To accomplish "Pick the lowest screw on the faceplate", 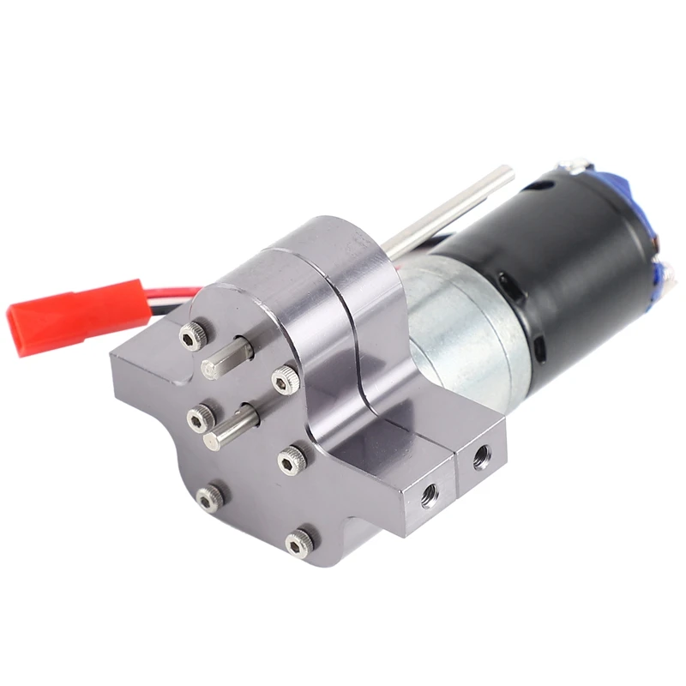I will pos(299,541).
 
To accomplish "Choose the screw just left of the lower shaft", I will pos(198,418).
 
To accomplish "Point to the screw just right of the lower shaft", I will pos(291,460).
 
